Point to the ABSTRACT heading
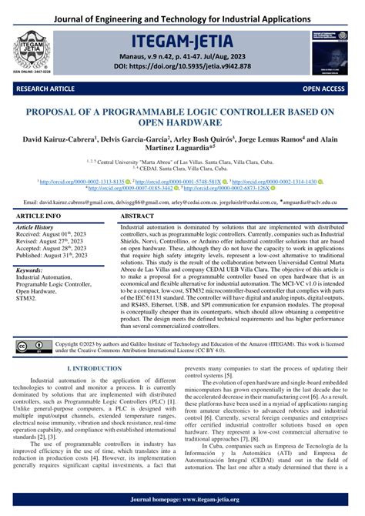(x=138, y=217)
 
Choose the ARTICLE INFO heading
(x=39, y=217)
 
